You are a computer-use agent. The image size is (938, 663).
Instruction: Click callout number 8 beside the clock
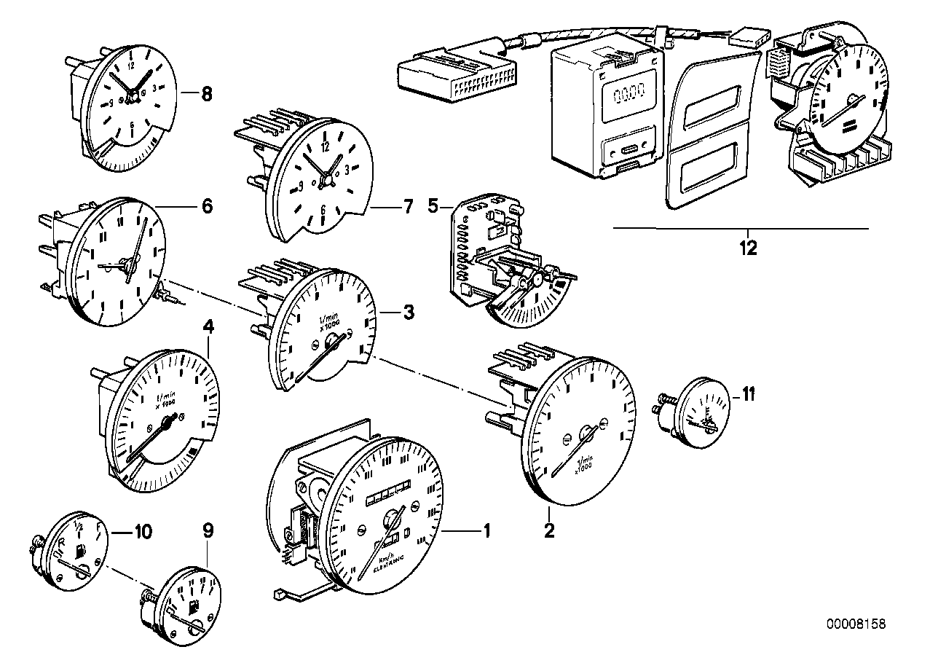pyautogui.click(x=206, y=93)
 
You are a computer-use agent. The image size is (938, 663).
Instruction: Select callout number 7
pyautogui.click(x=408, y=207)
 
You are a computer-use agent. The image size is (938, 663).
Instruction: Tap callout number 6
pyautogui.click(x=207, y=207)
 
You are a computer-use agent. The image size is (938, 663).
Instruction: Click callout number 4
pyautogui.click(x=209, y=328)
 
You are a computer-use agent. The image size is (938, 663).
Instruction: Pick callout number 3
pyautogui.click(x=409, y=313)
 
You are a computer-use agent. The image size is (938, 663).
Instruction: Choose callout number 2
pyautogui.click(x=549, y=530)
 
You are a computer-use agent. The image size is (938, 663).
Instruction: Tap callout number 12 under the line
pyautogui.click(x=748, y=248)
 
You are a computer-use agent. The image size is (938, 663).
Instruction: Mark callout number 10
pyautogui.click(x=142, y=532)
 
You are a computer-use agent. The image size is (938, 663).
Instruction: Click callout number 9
pyautogui.click(x=208, y=530)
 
